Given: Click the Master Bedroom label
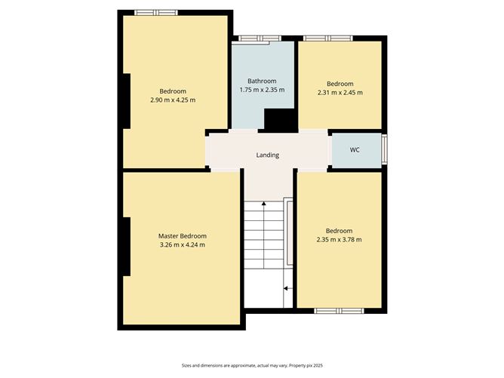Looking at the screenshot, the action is click(183, 236).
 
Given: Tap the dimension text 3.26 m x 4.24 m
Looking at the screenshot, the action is click(183, 245).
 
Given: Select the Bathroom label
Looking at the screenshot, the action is click(262, 81).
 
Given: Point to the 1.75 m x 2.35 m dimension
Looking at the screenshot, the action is click(262, 90).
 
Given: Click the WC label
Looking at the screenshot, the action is click(355, 150).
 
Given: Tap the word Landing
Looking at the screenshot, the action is click(267, 155).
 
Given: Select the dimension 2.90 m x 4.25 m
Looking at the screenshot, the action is click(173, 100).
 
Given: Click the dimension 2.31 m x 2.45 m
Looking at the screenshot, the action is click(340, 93).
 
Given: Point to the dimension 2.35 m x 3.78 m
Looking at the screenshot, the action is click(339, 240).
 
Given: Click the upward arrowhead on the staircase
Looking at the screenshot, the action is click(264, 204).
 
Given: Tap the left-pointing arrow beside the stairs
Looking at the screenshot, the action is click(288, 289).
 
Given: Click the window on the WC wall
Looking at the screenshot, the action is click(384, 150).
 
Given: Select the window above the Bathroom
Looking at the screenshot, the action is click(260, 38).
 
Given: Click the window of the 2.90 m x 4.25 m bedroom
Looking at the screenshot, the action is click(156, 13).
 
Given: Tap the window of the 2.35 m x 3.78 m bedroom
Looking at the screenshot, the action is click(339, 311).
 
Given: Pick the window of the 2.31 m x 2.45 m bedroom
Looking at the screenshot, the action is click(328, 38).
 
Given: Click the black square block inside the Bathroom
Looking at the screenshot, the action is click(279, 120).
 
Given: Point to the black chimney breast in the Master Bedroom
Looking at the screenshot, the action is click(127, 247).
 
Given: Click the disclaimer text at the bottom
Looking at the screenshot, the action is click(252, 365).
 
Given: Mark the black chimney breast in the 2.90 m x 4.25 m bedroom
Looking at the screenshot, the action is click(127, 101).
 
